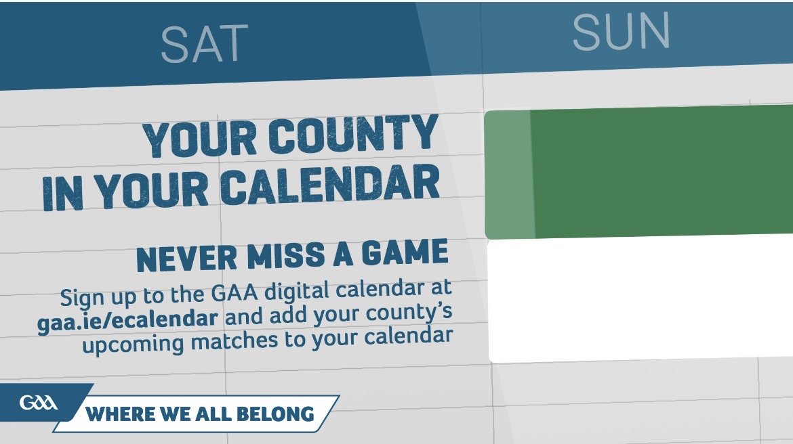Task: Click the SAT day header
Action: pos(204,43)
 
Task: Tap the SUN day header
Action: pos(622,31)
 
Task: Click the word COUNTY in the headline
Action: pos(353,135)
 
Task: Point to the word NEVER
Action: pos(186,259)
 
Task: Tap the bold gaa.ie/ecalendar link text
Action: pos(127,320)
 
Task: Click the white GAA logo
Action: pos(39,403)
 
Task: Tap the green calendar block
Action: pos(638,172)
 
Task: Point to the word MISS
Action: pos(286,256)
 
